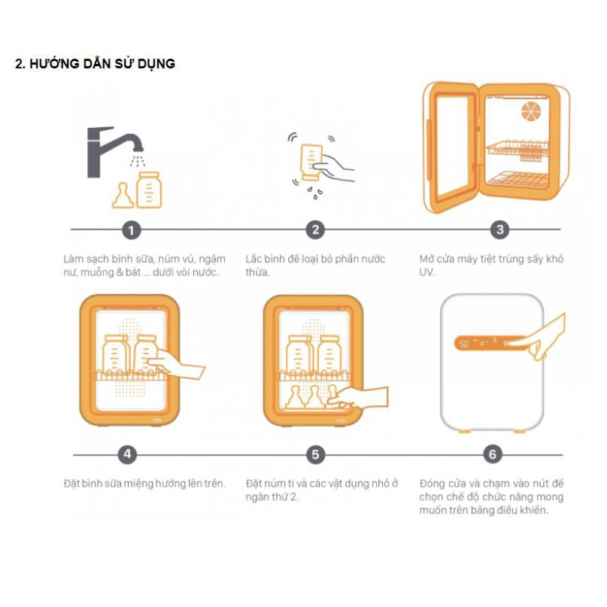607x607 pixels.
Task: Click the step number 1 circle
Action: coord(131,230)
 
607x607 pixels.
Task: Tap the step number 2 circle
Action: coord(315,229)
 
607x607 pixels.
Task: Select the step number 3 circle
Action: coord(499,229)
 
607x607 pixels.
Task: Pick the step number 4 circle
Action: coord(127,454)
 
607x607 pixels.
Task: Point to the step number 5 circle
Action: coord(315,454)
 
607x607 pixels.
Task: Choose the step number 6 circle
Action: coord(493,454)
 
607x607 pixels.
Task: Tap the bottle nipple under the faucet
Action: coord(123,196)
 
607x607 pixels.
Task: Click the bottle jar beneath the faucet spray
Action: coord(149,190)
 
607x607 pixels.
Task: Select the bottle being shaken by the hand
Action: coord(311,162)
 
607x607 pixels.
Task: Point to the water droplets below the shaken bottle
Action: coord(315,193)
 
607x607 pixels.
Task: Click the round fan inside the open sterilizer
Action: coord(531,111)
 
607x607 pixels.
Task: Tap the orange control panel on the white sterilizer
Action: coord(490,343)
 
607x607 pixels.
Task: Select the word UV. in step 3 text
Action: coord(426,272)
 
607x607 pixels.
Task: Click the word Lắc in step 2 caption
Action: coord(254,259)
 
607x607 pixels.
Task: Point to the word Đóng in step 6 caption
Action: coord(432,484)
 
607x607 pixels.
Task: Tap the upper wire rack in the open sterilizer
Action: coord(517,149)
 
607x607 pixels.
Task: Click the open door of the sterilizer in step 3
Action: coord(451,147)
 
